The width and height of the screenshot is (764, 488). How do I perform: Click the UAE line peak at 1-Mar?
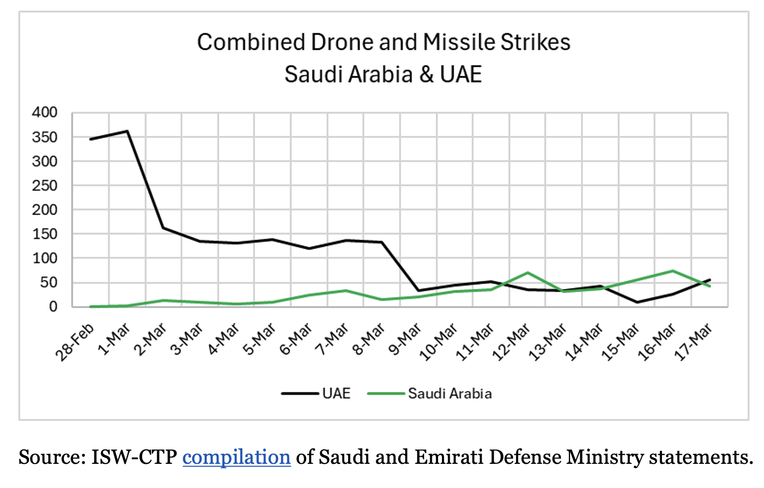tap(127, 131)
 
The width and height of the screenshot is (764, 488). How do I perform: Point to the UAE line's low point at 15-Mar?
tap(637, 302)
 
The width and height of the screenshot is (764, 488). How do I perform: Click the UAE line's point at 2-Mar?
tap(163, 228)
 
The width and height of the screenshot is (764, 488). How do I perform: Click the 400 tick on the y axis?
tap(44, 113)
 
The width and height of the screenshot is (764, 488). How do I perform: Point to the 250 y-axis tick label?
tap(44, 186)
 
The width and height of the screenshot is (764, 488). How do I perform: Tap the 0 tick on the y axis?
tap(53, 306)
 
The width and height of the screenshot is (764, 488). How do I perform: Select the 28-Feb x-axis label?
tap(75, 343)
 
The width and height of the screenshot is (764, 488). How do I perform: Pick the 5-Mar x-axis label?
tap(260, 340)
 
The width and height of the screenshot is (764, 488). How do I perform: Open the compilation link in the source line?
tap(236, 457)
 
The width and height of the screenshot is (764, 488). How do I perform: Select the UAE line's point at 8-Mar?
tap(382, 242)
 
